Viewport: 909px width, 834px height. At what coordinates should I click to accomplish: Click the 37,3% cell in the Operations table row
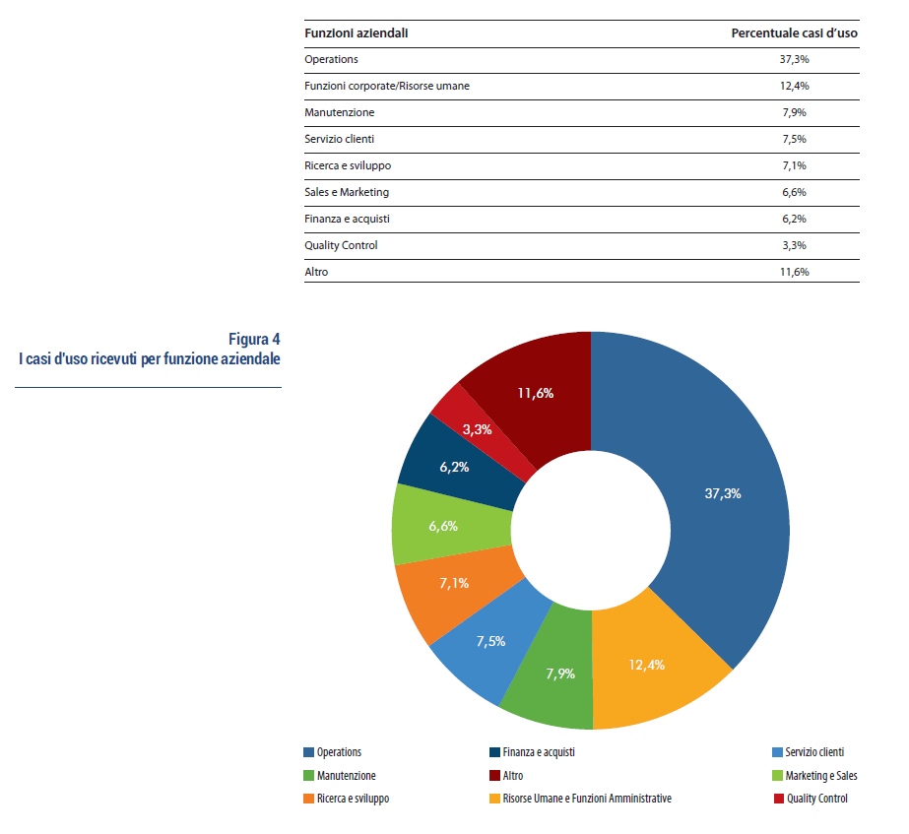(794, 60)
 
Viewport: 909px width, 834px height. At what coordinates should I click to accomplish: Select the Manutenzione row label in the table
(340, 113)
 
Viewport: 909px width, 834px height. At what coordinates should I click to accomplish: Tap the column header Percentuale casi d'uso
(794, 33)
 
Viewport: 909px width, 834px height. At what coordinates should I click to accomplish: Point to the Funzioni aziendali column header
(357, 33)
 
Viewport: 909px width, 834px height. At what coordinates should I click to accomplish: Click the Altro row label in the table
(317, 272)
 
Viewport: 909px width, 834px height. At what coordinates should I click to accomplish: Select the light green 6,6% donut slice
(442, 525)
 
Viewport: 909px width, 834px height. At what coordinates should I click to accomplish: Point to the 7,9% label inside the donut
(560, 674)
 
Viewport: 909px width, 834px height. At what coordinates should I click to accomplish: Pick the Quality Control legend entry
(816, 799)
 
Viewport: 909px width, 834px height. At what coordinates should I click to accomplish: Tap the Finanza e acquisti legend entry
(538, 752)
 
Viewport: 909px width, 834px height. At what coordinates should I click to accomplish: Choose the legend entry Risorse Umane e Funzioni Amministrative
(586, 799)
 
